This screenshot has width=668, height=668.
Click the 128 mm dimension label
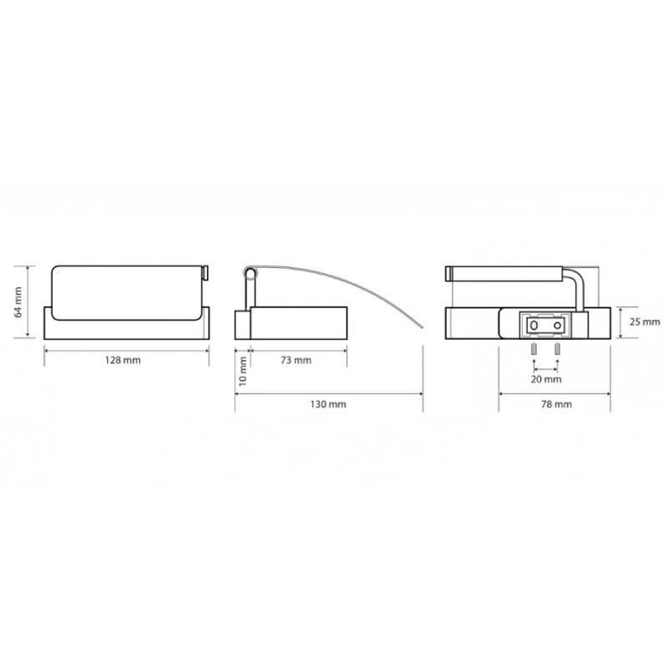click(123, 361)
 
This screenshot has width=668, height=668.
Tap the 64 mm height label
click(18, 302)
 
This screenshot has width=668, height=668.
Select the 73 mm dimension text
click(296, 361)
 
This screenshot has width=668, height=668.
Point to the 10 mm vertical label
click(242, 372)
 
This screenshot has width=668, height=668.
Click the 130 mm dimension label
click(328, 404)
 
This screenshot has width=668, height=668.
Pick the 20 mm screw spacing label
click(546, 379)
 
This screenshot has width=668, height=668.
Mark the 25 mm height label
click(645, 322)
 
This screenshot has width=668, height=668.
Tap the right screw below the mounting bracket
click(557, 350)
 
